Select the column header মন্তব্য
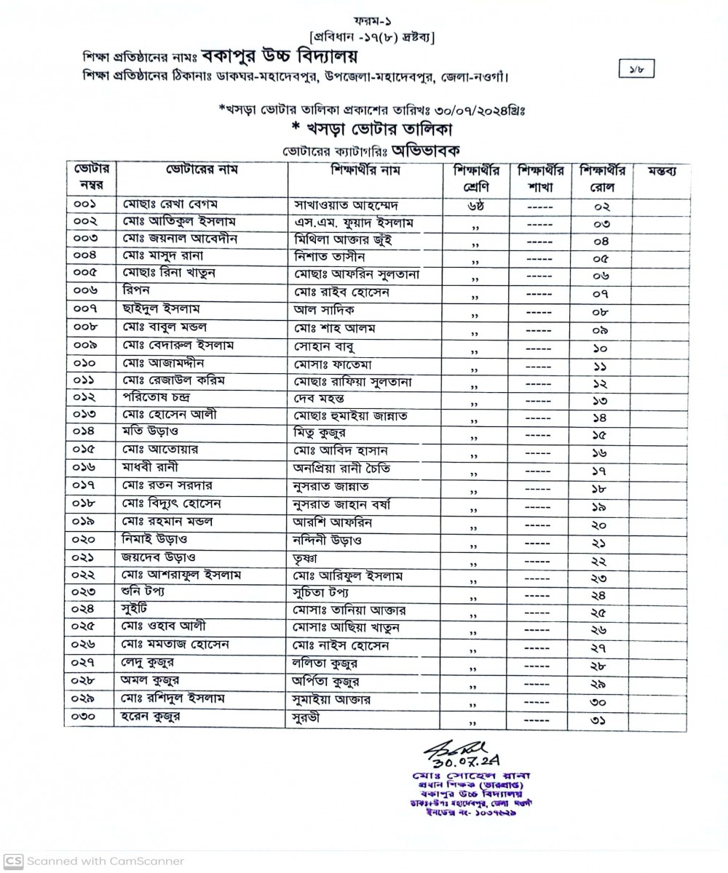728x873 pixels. (x=661, y=172)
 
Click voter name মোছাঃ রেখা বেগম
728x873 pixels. (x=166, y=203)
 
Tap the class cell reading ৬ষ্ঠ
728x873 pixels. (x=476, y=204)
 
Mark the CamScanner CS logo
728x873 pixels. (x=14, y=861)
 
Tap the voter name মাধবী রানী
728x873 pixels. (x=151, y=467)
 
